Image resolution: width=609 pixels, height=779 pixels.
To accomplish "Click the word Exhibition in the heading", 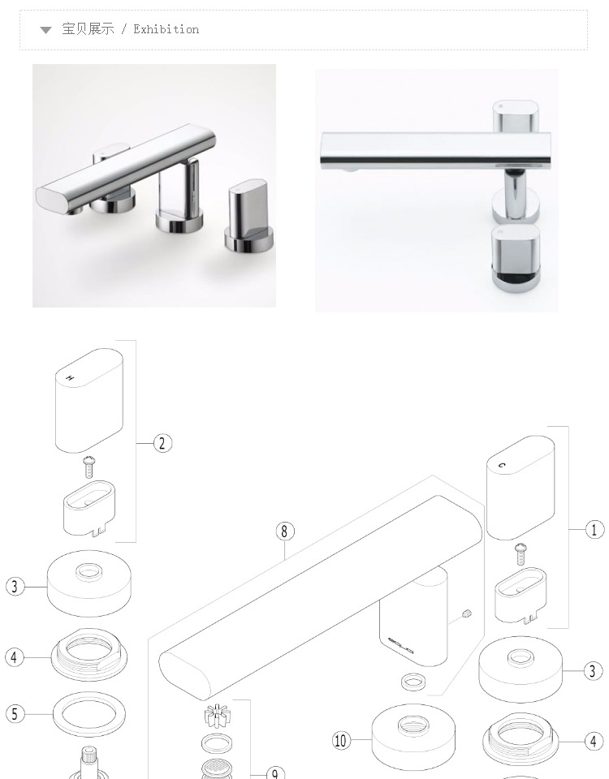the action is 166,29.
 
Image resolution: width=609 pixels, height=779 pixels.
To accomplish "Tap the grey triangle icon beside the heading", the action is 45,30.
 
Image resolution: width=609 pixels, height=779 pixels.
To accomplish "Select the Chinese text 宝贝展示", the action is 88,29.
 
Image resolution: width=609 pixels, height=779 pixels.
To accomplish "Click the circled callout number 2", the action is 162,443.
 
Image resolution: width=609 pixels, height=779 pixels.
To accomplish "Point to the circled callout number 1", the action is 594,530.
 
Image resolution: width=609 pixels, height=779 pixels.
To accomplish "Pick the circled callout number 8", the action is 285,532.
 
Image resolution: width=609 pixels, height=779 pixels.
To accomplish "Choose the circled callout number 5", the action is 15,714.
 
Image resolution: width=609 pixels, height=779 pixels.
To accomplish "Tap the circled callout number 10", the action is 340,741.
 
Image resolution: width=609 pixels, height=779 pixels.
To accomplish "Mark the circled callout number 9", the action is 275,773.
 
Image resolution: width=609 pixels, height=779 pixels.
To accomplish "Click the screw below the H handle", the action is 89,467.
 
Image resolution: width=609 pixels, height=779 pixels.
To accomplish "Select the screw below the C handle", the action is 521,554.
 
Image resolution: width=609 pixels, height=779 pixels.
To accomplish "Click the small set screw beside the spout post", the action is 466,614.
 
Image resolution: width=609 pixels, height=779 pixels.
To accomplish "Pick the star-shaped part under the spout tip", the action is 218,716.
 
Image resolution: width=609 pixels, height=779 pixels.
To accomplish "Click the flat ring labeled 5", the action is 89,714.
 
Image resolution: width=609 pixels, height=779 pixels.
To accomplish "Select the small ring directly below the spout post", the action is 413,681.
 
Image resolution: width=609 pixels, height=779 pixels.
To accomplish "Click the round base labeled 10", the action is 413,736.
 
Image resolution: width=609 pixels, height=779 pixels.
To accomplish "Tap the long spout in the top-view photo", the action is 435,149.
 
